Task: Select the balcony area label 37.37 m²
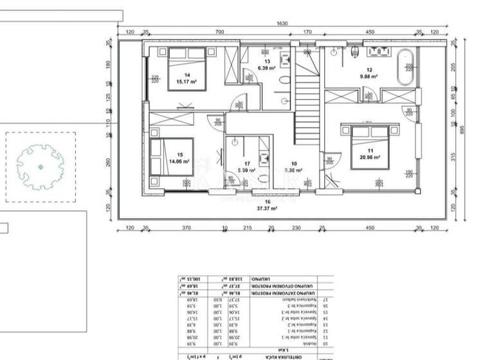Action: (x=268, y=208)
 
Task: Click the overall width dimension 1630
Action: (x=282, y=24)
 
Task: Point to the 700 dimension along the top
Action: (x=220, y=31)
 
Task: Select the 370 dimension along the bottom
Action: (x=186, y=228)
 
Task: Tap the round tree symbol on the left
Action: (x=40, y=166)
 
